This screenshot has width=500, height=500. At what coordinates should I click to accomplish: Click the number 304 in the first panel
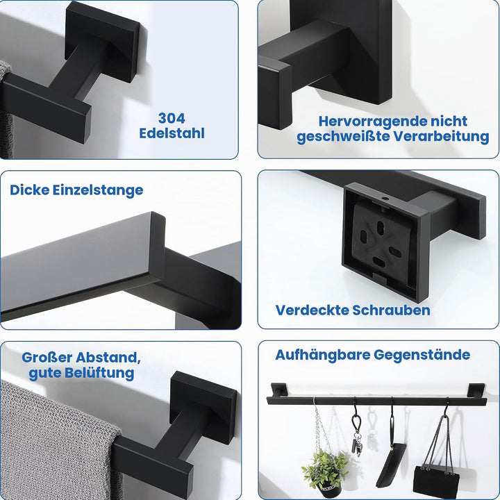(x=172, y=118)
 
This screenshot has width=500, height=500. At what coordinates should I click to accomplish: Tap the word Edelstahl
(x=172, y=133)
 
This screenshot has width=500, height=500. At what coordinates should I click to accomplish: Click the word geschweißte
(x=343, y=137)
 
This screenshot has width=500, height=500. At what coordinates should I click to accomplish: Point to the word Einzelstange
(x=98, y=190)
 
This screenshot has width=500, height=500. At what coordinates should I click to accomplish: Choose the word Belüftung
(x=99, y=373)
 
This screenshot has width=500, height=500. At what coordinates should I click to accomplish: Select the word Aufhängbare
(x=323, y=355)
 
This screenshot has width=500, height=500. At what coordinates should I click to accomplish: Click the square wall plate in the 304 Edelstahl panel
(x=102, y=42)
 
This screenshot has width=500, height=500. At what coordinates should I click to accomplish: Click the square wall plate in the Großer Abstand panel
(x=203, y=407)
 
